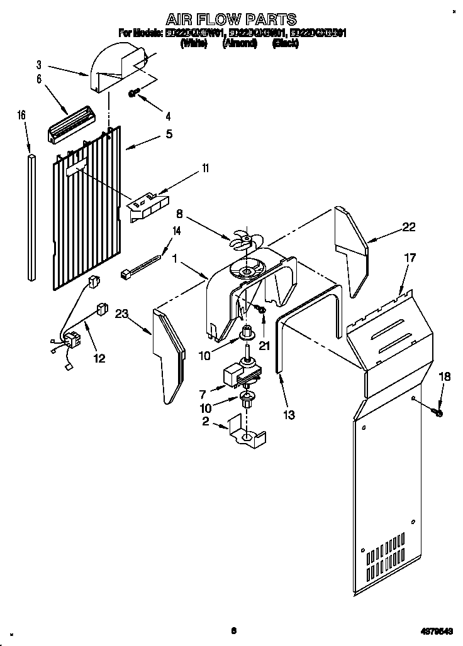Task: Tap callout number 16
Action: [x=21, y=115]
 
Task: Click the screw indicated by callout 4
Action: [x=133, y=93]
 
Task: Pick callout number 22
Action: [x=409, y=227]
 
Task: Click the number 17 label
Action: [x=410, y=257]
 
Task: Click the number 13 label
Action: [x=289, y=415]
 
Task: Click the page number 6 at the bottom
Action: [x=233, y=630]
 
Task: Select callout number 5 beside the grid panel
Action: [x=168, y=134]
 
